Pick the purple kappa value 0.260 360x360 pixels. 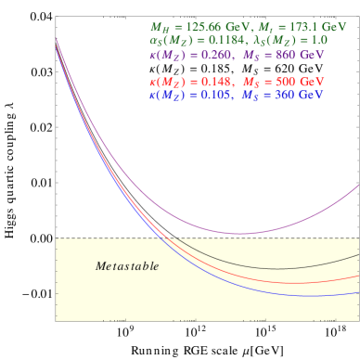[214, 54]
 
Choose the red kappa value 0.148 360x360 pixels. [213, 82]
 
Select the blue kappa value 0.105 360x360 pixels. [213, 95]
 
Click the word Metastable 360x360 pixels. [127, 266]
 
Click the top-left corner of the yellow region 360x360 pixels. [57, 238]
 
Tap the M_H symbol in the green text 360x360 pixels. [159, 29]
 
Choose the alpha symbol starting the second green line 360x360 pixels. [153, 41]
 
